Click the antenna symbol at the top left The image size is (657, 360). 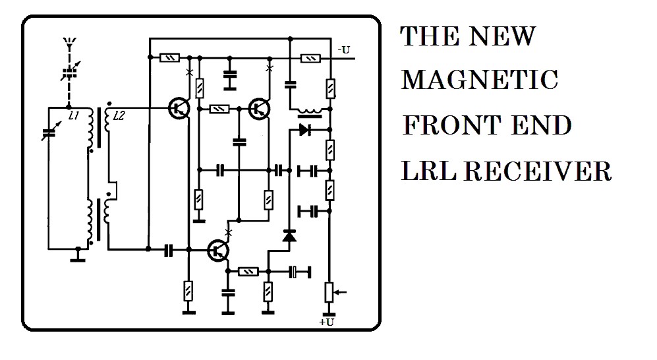click(x=70, y=43)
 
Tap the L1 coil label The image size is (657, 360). click(x=74, y=115)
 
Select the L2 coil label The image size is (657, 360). click(x=119, y=115)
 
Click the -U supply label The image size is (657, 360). click(x=343, y=50)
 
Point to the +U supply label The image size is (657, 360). click(x=327, y=322)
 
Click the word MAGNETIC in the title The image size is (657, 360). click(x=480, y=80)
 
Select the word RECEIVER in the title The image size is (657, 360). click(x=538, y=171)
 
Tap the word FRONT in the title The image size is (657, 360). click(x=451, y=125)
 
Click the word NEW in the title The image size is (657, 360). click(x=502, y=36)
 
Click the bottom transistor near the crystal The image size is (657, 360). click(x=218, y=251)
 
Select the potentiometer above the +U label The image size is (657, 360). click(x=329, y=293)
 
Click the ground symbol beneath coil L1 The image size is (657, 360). click(x=78, y=255)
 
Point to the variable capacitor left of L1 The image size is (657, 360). click(x=49, y=133)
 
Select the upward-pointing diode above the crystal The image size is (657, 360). click(x=289, y=236)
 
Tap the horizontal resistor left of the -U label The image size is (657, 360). click(x=311, y=58)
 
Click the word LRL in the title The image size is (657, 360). click(x=428, y=171)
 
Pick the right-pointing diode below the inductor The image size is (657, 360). click(x=305, y=130)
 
